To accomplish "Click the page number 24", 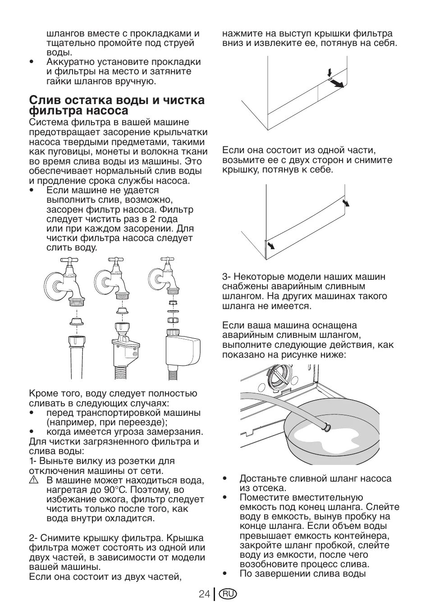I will click(204, 594).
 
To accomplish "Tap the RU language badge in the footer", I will click(228, 594).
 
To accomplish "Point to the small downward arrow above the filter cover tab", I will click(329, 72).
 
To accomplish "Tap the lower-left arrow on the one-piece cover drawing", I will click(271, 245).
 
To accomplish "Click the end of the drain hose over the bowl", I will click(328, 426).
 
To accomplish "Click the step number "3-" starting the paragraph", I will click(226, 277).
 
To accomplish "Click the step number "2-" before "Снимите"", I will click(33, 538).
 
